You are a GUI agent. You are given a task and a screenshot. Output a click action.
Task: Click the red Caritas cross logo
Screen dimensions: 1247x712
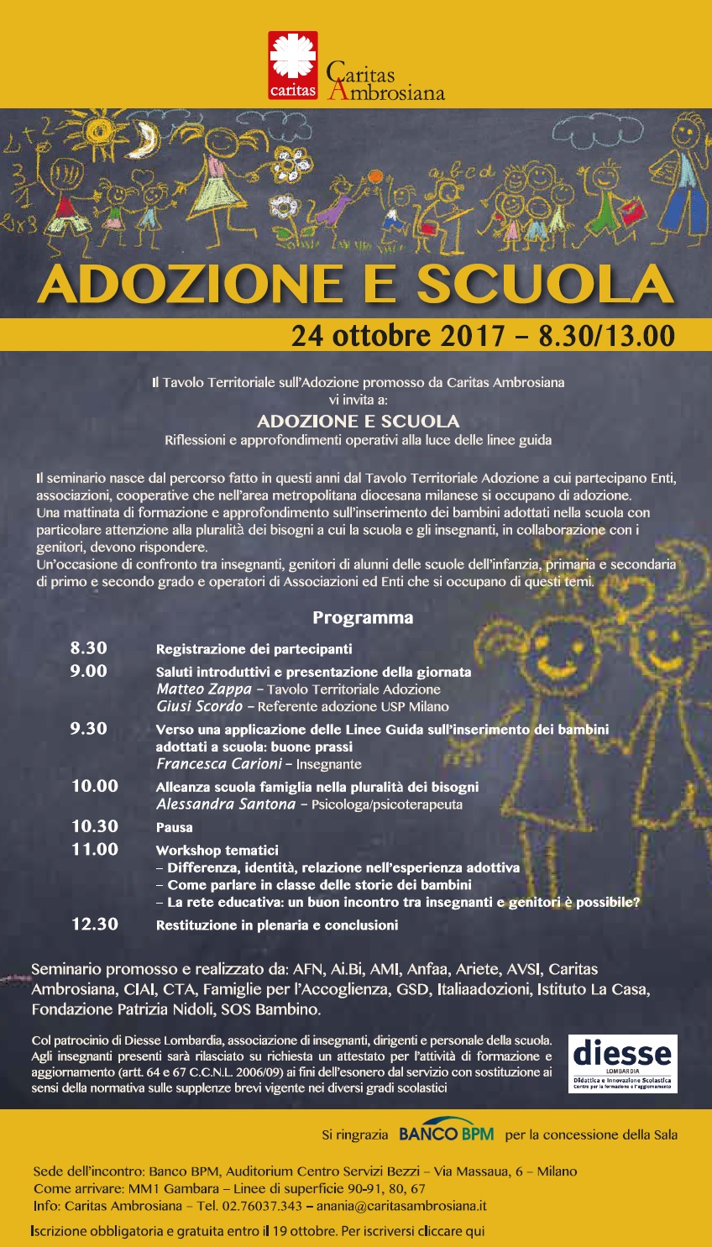click(293, 65)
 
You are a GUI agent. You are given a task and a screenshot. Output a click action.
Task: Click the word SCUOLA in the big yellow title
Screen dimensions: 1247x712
click(546, 285)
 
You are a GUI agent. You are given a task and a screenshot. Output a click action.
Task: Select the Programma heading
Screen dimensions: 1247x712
click(363, 618)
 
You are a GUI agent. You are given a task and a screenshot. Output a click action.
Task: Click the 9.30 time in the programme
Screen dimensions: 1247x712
click(89, 729)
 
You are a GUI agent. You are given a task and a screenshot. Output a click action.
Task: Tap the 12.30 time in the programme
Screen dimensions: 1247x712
click(95, 925)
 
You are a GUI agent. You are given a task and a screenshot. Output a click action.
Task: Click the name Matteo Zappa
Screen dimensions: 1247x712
click(204, 689)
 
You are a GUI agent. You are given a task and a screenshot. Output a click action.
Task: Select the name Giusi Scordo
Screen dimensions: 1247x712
click(200, 706)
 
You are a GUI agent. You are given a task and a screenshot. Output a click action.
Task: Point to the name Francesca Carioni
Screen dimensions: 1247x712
click(219, 764)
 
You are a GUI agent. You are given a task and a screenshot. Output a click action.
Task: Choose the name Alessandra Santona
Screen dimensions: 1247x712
click(226, 804)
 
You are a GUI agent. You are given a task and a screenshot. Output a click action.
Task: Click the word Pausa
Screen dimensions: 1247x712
click(174, 827)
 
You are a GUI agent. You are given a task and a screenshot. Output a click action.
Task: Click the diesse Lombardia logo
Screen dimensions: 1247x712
click(622, 1063)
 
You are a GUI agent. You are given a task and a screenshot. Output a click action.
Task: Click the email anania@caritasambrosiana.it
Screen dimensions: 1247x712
click(401, 1206)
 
